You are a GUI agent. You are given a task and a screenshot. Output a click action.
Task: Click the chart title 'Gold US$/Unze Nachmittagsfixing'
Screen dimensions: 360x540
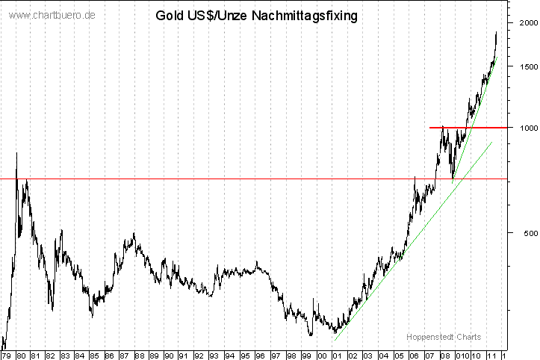[255, 15]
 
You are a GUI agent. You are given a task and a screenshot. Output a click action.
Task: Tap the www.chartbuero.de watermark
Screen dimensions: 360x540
[53, 15]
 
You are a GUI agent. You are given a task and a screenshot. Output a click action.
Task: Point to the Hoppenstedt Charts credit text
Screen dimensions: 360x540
[444, 337]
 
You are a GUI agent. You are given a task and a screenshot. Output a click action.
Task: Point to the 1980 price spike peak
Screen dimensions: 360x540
[16, 153]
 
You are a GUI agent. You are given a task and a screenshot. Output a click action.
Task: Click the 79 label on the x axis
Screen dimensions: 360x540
[7, 356]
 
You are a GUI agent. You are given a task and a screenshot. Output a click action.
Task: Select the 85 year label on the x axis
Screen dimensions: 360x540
[95, 356]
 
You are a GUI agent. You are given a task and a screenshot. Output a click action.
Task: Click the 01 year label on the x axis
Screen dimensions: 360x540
[337, 356]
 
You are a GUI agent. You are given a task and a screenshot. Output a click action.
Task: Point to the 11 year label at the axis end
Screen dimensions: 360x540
[491, 356]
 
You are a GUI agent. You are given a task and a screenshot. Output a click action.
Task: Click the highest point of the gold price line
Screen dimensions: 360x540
[497, 32]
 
